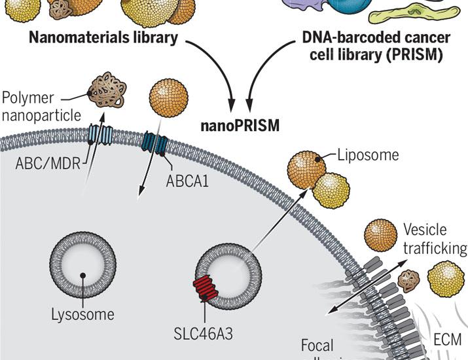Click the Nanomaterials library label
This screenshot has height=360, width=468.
tap(103, 38)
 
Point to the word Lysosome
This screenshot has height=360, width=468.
tap(82, 315)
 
